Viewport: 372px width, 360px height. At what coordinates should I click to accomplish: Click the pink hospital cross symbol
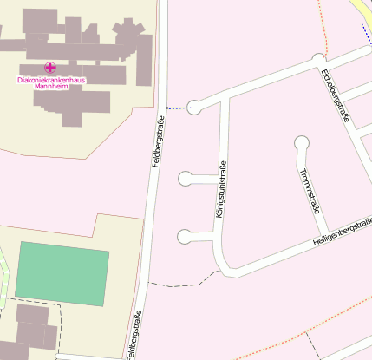pos(50,67)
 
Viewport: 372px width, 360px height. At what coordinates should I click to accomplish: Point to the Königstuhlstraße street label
pos(221,188)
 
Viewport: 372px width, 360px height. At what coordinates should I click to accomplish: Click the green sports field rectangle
pos(63,274)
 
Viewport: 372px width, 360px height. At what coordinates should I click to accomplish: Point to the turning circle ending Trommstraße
pos(302,142)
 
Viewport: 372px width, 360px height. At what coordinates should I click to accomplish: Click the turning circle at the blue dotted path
pos(194,107)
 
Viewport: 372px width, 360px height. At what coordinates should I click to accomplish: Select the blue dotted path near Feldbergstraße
pos(178,108)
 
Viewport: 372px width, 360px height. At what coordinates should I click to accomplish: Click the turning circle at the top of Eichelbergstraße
pos(318,60)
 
